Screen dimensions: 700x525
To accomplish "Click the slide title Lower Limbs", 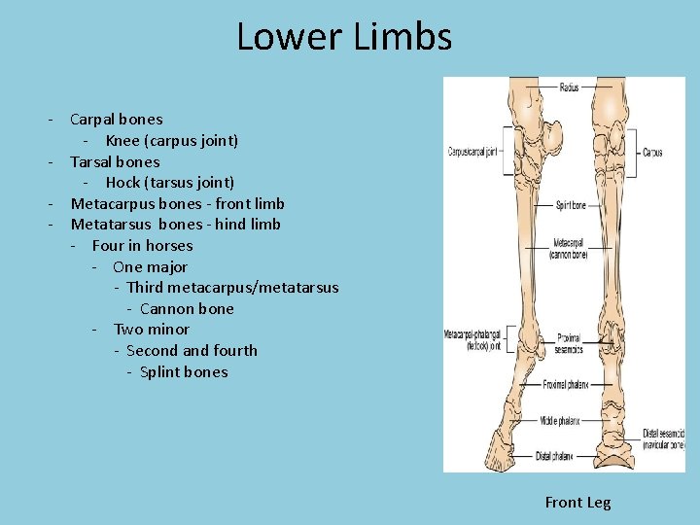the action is click(344, 37).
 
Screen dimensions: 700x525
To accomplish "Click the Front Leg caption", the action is click(577, 502).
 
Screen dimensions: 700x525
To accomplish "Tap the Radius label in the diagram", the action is click(569, 87).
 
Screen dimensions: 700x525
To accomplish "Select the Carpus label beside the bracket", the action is click(652, 153).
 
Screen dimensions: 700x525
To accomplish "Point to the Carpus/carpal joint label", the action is click(472, 152).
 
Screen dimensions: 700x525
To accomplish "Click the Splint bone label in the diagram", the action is click(571, 205).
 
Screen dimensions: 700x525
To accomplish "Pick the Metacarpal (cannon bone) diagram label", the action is click(569, 248).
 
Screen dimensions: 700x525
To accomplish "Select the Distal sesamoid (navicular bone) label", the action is click(664, 438).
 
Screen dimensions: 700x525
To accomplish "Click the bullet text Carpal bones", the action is click(117, 120).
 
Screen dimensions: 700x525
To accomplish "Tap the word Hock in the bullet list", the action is click(122, 182).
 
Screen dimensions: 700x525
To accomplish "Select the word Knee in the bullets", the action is click(122, 140).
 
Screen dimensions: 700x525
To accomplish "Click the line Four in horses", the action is click(142, 245).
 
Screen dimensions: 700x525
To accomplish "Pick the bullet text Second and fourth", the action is click(192, 350).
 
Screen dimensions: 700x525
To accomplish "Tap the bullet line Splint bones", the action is click(184, 371).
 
